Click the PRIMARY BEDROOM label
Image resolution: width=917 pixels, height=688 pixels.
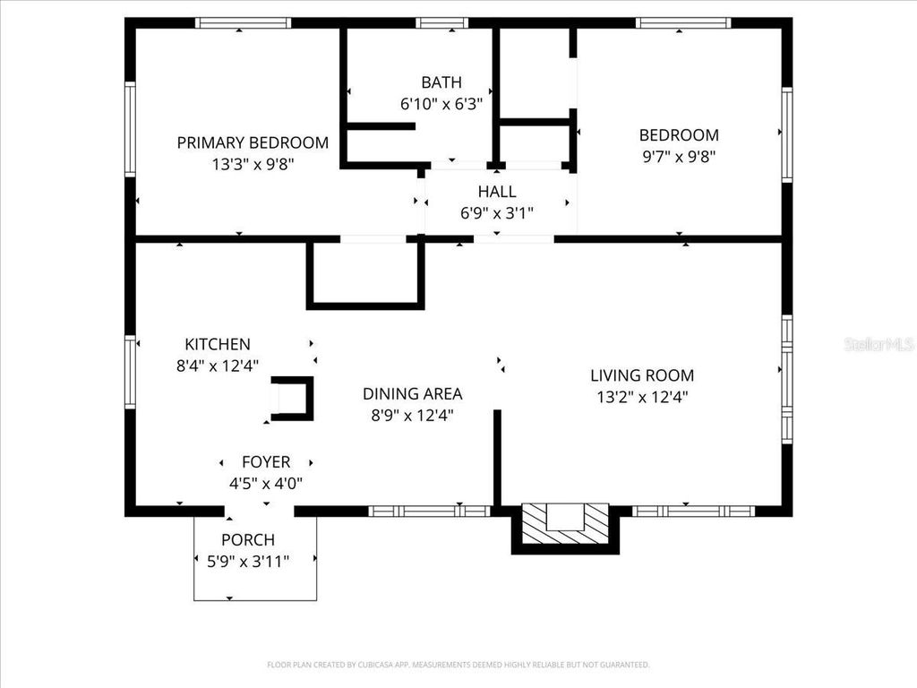pos(253,142)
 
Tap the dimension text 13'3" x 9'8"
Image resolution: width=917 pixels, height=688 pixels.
pos(253,164)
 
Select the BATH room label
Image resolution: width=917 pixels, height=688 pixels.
pos(441,82)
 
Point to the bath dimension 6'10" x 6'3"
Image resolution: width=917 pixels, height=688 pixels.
pos(441,104)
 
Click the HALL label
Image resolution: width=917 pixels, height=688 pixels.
pos(497,192)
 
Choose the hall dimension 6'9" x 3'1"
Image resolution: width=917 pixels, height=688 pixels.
pos(497,213)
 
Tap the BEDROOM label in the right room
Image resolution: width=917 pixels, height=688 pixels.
pos(679,135)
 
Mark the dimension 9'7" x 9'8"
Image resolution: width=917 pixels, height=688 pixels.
pos(679,156)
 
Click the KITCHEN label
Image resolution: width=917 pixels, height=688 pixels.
pos(218,344)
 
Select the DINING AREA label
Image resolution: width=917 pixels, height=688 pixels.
pos(413,393)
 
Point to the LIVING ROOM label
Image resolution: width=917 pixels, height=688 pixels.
pos(642,375)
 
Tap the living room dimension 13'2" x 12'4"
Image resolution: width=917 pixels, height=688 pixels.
pos(642,397)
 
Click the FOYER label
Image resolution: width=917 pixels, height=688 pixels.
pos(266,462)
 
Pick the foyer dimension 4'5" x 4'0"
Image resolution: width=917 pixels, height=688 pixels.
pos(266,484)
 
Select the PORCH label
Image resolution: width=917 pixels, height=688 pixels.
pos(248,540)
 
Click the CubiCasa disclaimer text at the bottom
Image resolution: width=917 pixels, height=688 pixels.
pos(458,665)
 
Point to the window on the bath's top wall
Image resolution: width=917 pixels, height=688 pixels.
pos(442,23)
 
